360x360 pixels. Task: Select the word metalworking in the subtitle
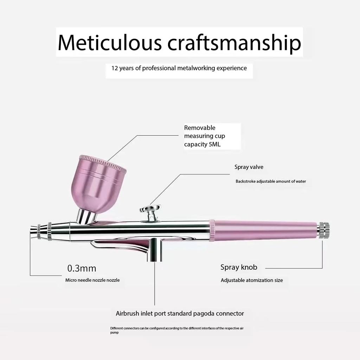pyautogui.click(x=196, y=68)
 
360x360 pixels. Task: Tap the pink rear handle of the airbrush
pyautogui.click(x=263, y=231)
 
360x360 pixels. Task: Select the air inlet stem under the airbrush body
pyautogui.click(x=154, y=250)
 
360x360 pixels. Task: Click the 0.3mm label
pyautogui.click(x=82, y=268)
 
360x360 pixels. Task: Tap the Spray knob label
pyautogui.click(x=239, y=268)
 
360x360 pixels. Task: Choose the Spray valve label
pyautogui.click(x=249, y=167)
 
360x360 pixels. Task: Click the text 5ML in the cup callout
pyautogui.click(x=214, y=144)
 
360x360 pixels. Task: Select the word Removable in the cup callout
pyautogui.click(x=200, y=128)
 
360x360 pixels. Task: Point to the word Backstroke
pyautogui.click(x=245, y=181)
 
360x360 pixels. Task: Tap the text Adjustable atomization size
pyautogui.click(x=252, y=281)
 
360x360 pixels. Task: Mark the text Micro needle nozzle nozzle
pyautogui.click(x=92, y=280)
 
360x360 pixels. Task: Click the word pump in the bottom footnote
pyautogui.click(x=114, y=333)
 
